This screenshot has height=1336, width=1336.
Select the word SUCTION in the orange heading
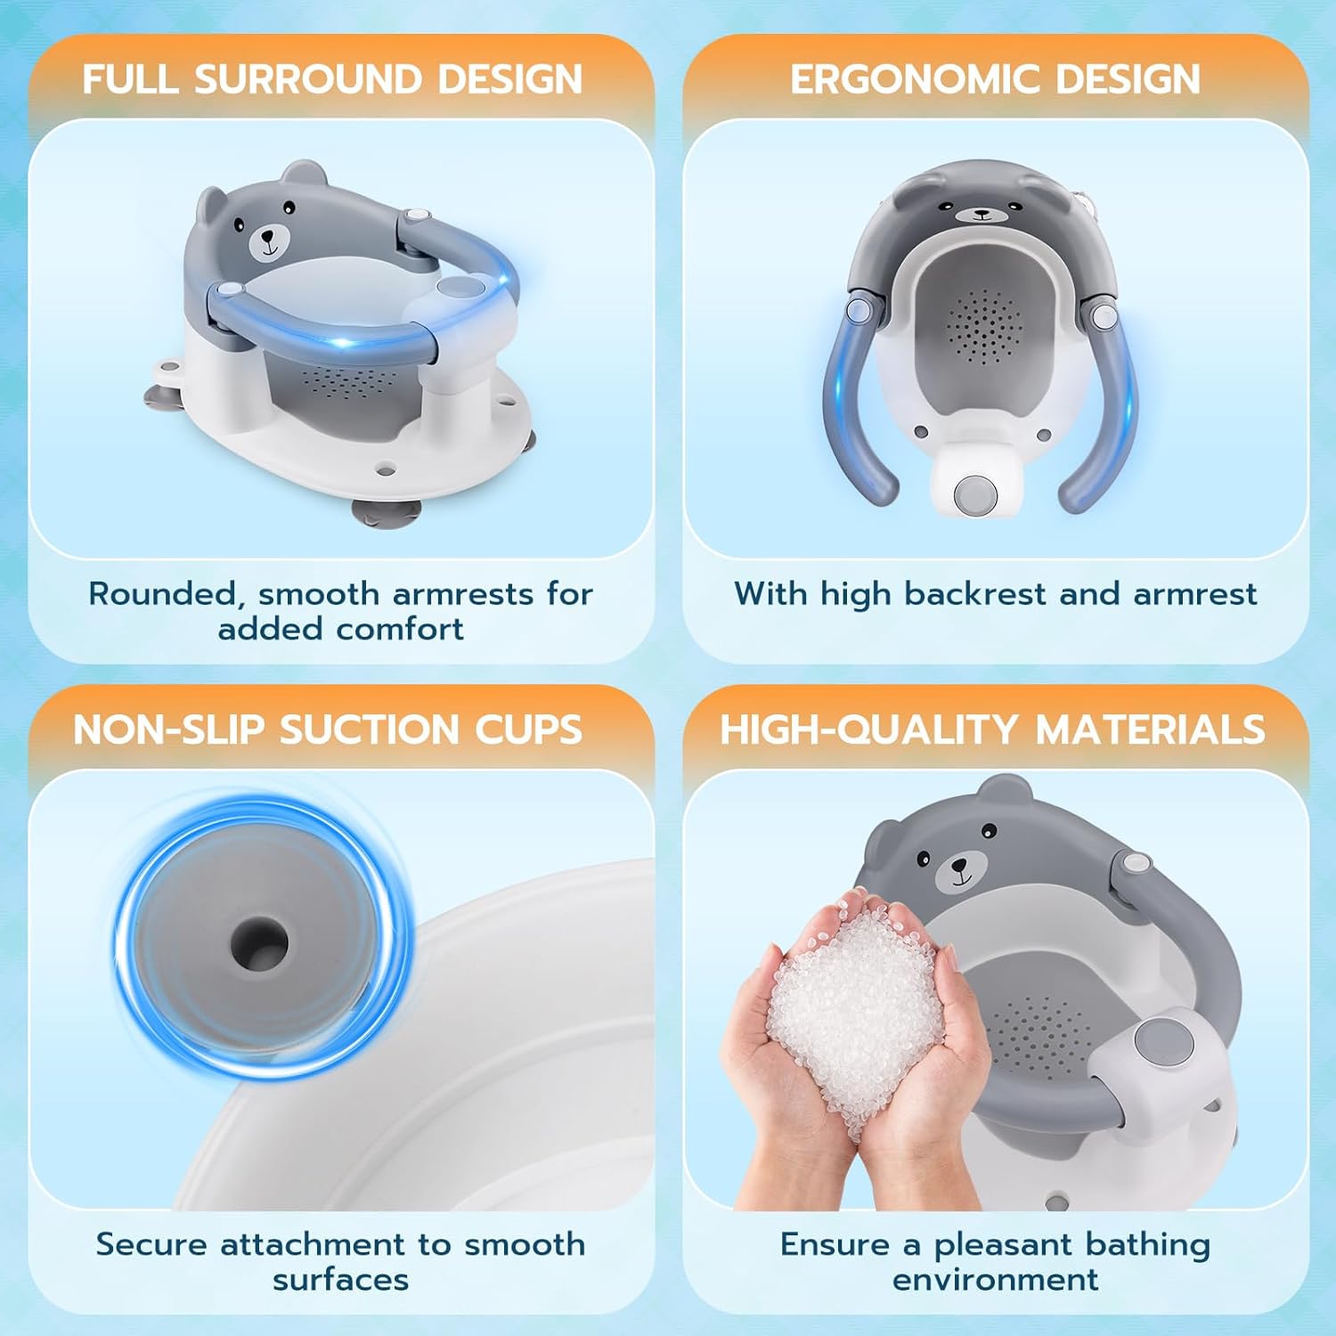tap(371, 729)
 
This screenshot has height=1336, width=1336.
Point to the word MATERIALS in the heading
tap(1150, 729)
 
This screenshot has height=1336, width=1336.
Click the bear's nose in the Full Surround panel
tap(266, 239)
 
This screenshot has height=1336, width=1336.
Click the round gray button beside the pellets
tap(1157, 1041)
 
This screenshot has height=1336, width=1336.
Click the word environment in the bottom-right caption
tap(995, 1280)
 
